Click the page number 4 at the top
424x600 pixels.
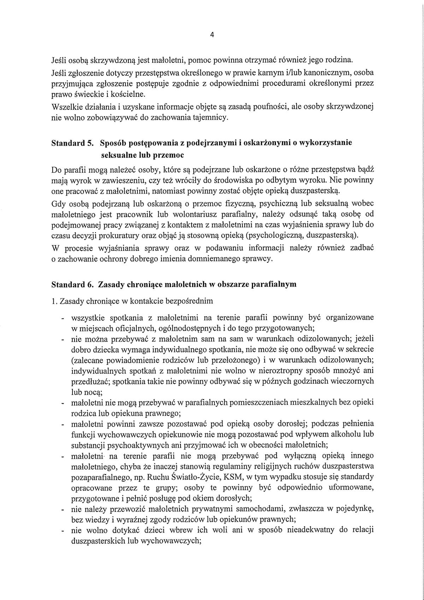click(x=212, y=35)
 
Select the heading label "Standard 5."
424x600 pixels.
click(x=72, y=143)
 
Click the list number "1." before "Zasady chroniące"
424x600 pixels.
click(x=54, y=301)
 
